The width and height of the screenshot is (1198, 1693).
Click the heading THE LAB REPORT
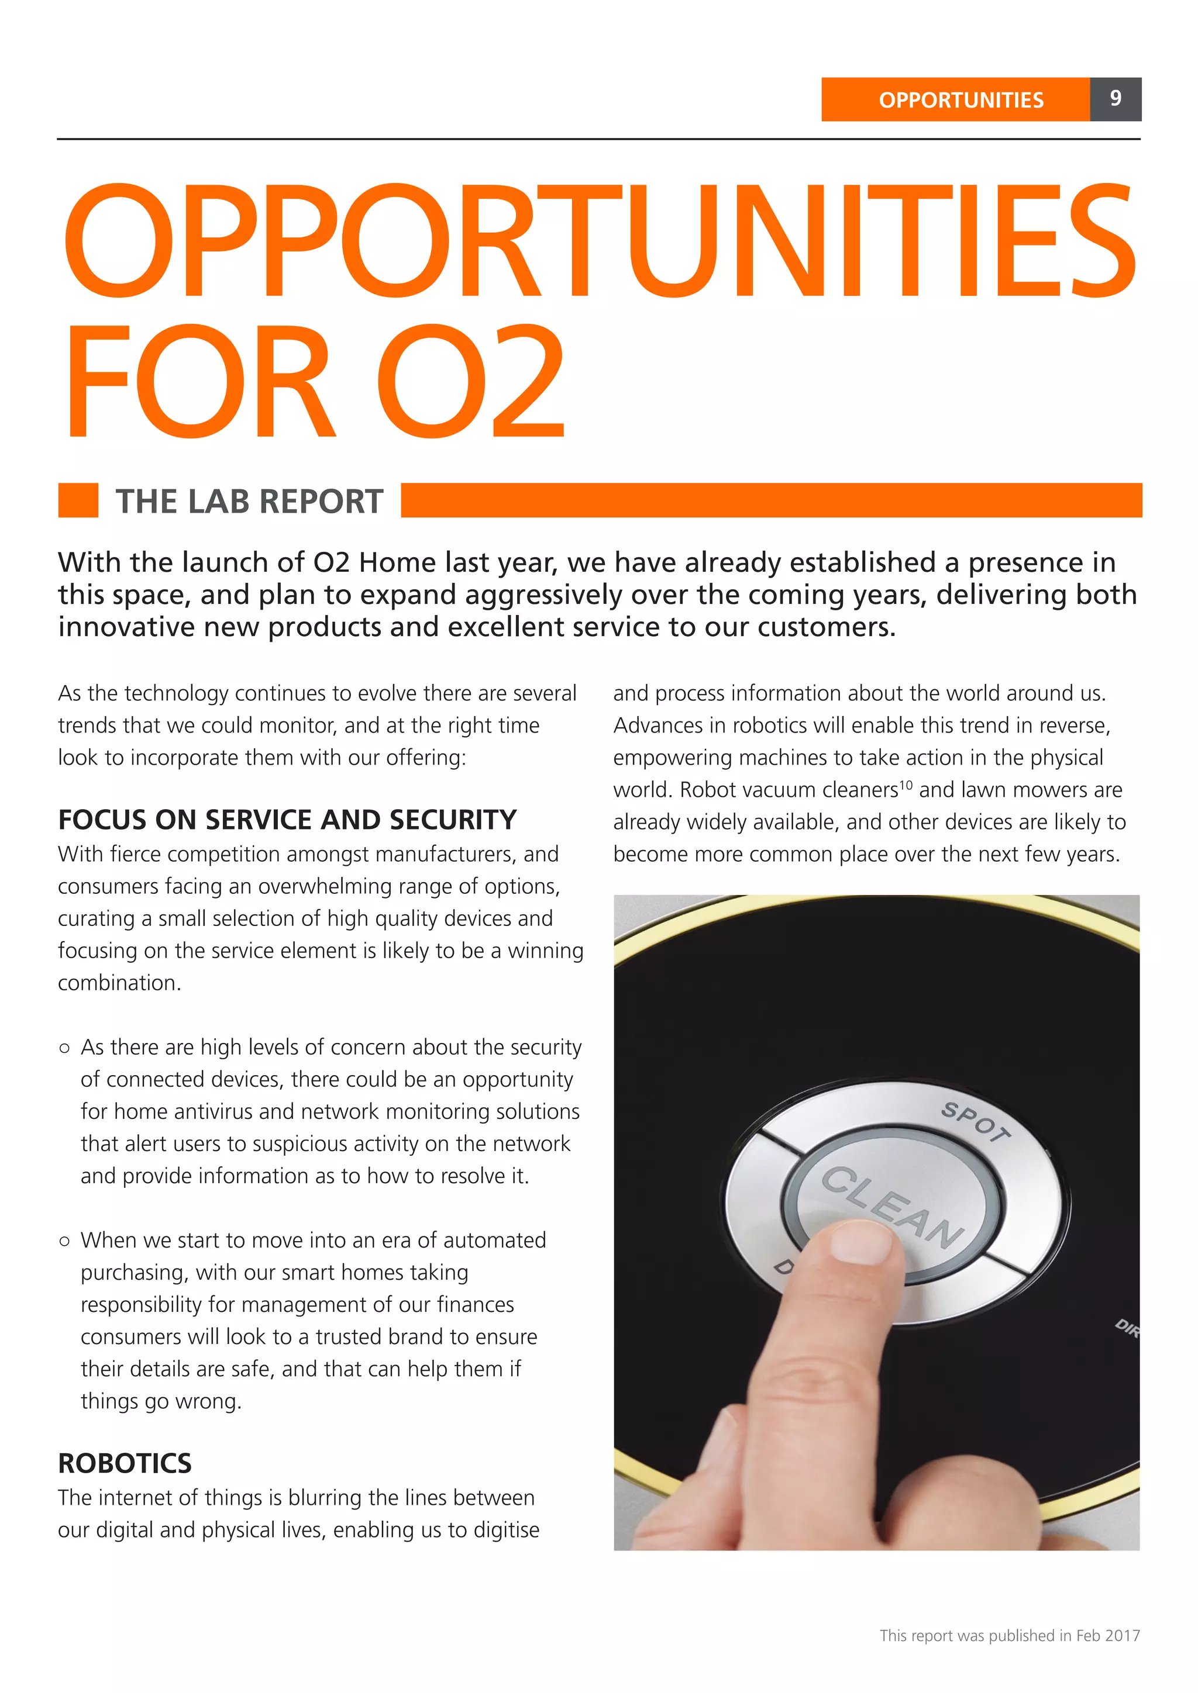[249, 502]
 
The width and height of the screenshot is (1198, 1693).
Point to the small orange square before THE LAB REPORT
[78, 500]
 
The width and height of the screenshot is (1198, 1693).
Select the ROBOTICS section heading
[125, 1463]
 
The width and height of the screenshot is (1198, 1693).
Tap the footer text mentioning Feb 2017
[1009, 1636]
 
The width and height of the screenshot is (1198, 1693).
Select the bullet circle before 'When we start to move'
[65, 1241]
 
